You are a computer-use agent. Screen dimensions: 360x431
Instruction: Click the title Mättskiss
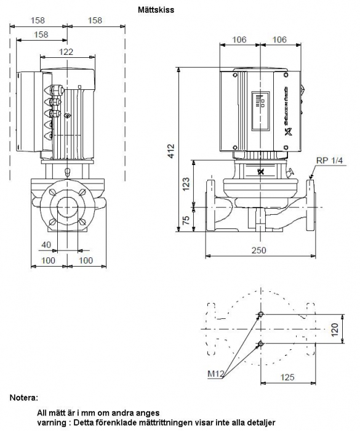pyautogui.click(x=156, y=10)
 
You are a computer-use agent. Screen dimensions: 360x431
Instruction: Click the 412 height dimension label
pyautogui.click(x=171, y=151)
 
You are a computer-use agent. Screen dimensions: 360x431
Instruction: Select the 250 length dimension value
pyautogui.click(x=259, y=250)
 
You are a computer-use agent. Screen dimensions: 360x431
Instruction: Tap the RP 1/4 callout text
pyautogui.click(x=329, y=161)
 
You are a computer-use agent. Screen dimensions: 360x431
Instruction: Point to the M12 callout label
pyautogui.click(x=216, y=374)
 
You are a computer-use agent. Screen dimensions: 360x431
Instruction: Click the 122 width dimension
pyautogui.click(x=66, y=52)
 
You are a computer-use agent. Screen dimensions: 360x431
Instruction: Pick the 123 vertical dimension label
pyautogui.click(x=186, y=184)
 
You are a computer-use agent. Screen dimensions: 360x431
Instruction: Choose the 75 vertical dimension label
pyautogui.click(x=186, y=220)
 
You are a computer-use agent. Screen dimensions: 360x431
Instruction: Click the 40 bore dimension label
pyautogui.click(x=46, y=244)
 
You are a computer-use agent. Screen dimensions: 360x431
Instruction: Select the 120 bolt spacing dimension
pyautogui.click(x=335, y=329)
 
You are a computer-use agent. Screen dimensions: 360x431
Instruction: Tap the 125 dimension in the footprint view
pyautogui.click(x=287, y=377)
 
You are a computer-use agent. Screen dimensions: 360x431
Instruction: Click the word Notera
pyautogui.click(x=23, y=398)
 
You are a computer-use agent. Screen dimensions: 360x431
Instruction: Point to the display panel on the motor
pyautogui.click(x=260, y=111)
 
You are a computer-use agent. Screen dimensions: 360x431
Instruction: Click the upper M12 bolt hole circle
pyautogui.click(x=260, y=314)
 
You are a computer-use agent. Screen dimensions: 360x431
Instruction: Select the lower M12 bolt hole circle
pyautogui.click(x=260, y=343)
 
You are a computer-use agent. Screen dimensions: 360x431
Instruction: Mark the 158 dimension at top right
pyautogui.click(x=95, y=20)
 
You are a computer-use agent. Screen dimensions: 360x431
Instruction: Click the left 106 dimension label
pyautogui.click(x=239, y=39)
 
